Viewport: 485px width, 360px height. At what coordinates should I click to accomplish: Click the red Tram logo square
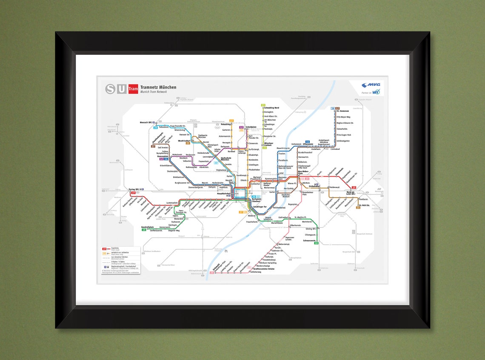(133, 89)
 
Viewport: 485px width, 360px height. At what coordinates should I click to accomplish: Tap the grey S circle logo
(111, 89)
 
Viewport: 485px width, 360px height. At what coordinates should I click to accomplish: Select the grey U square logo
(122, 89)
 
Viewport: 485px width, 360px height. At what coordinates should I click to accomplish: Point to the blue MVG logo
(371, 85)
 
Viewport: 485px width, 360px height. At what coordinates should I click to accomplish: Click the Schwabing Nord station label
(271, 108)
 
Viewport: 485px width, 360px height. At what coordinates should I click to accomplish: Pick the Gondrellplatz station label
(147, 227)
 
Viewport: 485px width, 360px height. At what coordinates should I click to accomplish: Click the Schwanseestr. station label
(309, 241)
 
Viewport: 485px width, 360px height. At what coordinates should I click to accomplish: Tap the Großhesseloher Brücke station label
(264, 269)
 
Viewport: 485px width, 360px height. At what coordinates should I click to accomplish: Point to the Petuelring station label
(226, 124)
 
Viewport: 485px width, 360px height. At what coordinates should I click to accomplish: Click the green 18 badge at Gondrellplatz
(144, 230)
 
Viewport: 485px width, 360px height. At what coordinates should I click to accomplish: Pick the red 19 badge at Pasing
(133, 193)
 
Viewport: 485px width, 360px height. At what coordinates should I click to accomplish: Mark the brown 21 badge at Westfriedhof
(188, 143)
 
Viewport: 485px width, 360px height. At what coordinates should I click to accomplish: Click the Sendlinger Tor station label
(260, 206)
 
